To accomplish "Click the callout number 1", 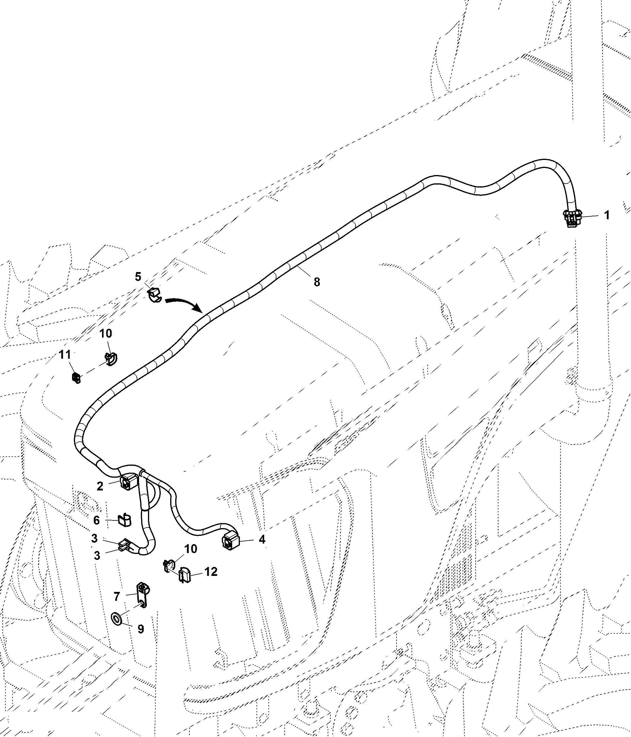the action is (607, 215).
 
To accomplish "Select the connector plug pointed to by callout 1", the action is (572, 218).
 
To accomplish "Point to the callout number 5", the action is (138, 277).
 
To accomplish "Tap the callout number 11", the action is (64, 354).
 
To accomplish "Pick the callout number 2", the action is (100, 486).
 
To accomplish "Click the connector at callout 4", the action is (231, 541).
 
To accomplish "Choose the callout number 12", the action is (211, 572).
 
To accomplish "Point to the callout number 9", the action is (141, 629).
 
